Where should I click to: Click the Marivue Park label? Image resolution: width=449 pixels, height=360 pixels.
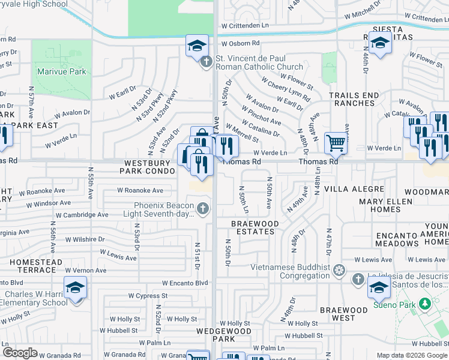pos(61,72)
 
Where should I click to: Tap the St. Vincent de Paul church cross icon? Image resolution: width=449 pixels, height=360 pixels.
pos(206,61)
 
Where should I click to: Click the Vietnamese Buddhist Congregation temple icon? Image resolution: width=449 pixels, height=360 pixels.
pos(339,269)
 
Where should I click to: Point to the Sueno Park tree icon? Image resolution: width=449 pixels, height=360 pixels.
pos(425,304)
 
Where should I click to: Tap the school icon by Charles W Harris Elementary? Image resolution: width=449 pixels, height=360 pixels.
pos(76,289)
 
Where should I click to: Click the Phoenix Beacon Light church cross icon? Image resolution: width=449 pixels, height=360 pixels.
pos(203,209)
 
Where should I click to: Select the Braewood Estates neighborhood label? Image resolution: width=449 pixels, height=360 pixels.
pos(255,227)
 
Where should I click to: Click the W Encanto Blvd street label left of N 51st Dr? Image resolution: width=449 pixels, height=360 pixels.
pos(185,283)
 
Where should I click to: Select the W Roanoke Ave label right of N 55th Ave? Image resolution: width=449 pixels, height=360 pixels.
pos(140,191)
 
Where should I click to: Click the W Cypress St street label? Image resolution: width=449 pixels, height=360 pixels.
pos(148,296)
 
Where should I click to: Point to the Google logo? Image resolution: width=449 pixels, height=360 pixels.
pos(20,353)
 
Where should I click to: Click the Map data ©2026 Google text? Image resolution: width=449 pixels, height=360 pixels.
pos(411,355)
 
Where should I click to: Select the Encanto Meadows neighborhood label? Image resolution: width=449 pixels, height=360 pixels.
pos(398,239)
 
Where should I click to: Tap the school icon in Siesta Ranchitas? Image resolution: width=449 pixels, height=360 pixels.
pos(380,43)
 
